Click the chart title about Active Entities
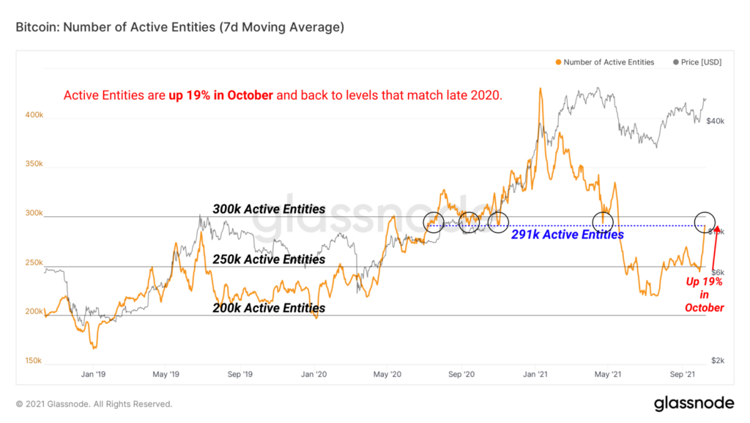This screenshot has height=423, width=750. [x=179, y=28]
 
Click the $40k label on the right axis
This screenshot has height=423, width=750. [x=715, y=120]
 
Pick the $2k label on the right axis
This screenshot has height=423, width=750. [x=716, y=361]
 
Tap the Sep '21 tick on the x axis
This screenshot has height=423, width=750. [x=683, y=374]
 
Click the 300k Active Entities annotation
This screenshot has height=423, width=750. [x=269, y=210]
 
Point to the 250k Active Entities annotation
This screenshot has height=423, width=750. [x=269, y=260]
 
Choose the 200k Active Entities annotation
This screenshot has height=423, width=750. [x=269, y=309]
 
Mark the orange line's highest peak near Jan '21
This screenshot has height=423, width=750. [x=541, y=89]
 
